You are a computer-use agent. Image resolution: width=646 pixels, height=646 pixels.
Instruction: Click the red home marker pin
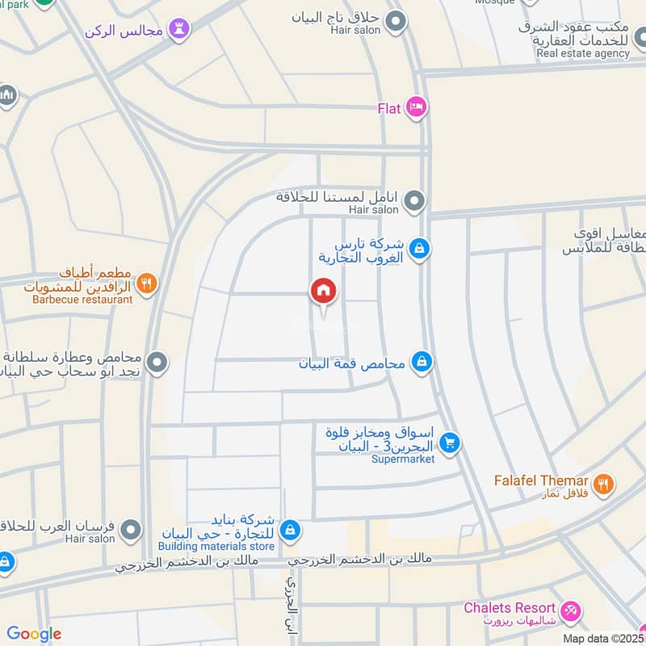point(323,292)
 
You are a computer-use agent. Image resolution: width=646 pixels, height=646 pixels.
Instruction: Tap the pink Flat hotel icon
point(416,107)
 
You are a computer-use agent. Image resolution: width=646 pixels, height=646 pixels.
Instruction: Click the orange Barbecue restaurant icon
point(146,283)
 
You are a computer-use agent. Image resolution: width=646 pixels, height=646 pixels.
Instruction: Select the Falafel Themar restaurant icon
point(602,484)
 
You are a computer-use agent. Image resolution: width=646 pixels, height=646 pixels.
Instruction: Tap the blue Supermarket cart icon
point(451,443)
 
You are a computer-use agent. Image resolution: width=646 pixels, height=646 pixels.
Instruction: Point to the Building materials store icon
point(292,531)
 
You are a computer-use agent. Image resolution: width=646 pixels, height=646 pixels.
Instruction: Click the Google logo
point(34,635)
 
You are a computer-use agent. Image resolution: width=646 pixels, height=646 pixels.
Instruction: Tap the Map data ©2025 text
point(604,638)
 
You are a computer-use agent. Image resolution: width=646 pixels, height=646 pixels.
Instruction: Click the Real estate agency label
point(583,54)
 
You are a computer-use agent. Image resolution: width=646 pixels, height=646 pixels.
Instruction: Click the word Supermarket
point(403,459)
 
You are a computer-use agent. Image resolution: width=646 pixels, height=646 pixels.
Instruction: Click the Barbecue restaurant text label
point(82,300)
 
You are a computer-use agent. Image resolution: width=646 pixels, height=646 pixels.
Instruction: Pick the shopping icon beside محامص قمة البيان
point(421,362)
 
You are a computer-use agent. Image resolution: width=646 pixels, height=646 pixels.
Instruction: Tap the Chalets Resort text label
point(510,608)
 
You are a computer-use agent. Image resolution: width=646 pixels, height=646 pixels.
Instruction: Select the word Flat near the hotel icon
point(389,107)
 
